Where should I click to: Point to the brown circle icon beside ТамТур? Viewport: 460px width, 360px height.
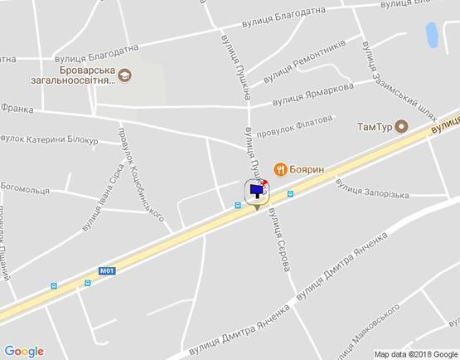[401, 127]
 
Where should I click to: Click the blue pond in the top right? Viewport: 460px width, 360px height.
[432, 35]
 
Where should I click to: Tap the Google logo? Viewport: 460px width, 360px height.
[24, 350]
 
